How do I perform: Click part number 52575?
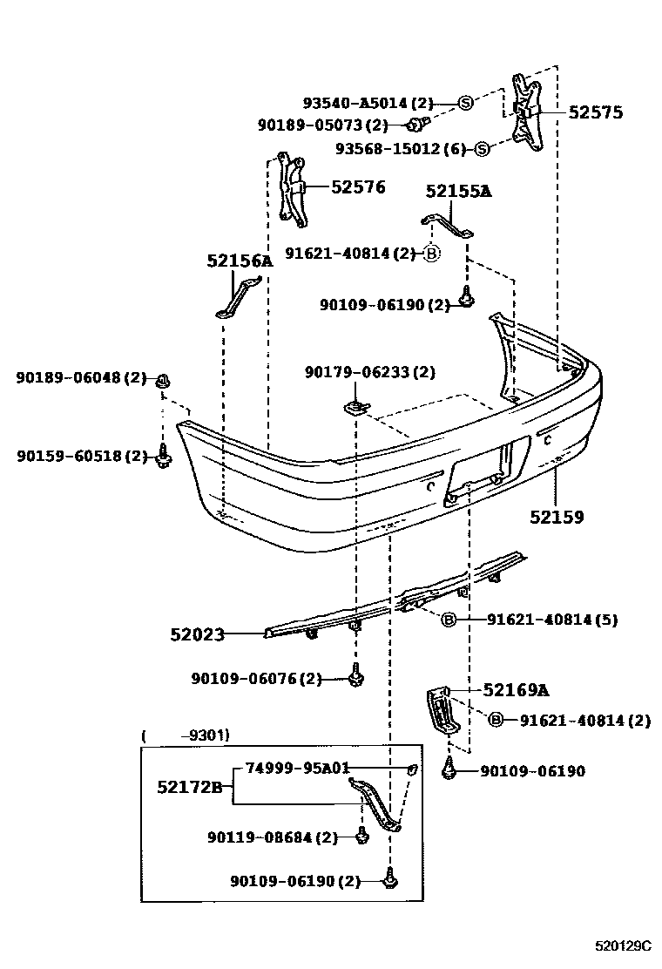coord(596,112)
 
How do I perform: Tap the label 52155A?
coord(458,192)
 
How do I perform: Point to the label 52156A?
coord(240,261)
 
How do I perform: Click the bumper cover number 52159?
coord(557,517)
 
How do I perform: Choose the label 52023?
coord(197,634)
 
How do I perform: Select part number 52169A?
coord(516,690)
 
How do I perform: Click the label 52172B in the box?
coord(190,787)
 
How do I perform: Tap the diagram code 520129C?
coord(623,945)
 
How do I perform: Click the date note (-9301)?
coord(186,735)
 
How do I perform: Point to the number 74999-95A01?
coord(297,768)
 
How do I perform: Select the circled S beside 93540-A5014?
coord(465,103)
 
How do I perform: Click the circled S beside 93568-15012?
coord(482,149)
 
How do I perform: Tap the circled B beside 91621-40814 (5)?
coord(449,620)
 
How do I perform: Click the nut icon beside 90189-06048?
coord(163,380)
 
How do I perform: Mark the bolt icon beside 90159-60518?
coord(163,456)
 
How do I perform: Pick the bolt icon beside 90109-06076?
coord(355,678)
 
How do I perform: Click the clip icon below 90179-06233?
coord(354,406)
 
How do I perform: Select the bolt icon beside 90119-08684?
coord(361,837)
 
